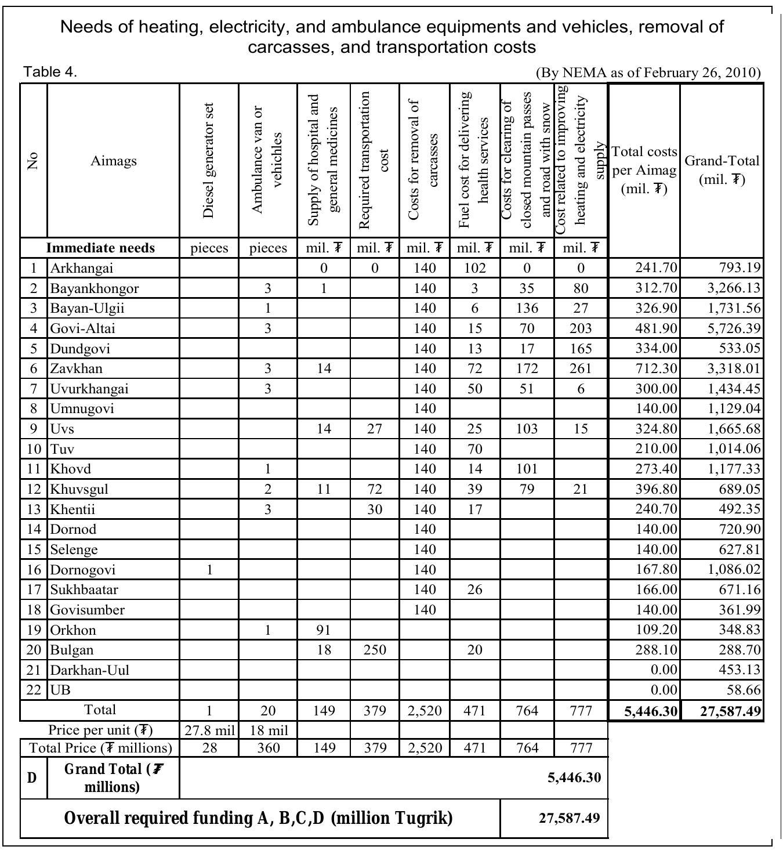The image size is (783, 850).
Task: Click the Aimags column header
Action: (x=114, y=161)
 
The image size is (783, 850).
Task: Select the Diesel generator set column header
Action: (x=209, y=161)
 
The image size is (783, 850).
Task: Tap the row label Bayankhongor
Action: (x=94, y=288)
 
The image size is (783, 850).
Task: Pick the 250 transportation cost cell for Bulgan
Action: (x=375, y=650)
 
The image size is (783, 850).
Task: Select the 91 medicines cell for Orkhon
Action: (x=324, y=630)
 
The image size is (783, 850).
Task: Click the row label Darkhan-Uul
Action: (x=89, y=670)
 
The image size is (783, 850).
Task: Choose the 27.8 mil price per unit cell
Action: (x=209, y=730)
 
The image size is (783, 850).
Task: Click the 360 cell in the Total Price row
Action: (x=267, y=748)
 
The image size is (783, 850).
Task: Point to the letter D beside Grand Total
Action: (x=32, y=778)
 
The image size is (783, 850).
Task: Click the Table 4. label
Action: (x=50, y=72)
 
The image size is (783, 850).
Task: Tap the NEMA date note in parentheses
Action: (x=647, y=73)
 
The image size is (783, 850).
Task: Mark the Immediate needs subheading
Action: (x=101, y=248)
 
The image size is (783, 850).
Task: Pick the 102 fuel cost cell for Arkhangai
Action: (x=474, y=268)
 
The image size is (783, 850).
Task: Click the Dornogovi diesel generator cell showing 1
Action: (x=209, y=570)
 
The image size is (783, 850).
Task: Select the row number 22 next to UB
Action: (x=34, y=690)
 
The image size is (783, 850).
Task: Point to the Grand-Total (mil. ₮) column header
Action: (x=722, y=170)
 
